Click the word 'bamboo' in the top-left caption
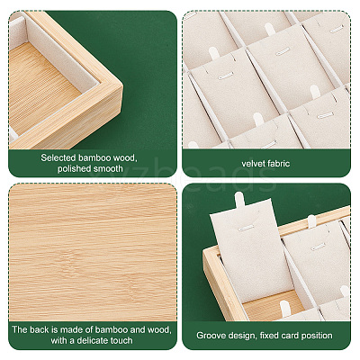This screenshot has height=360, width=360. click(x=92, y=157)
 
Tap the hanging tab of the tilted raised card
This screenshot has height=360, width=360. click(x=239, y=200)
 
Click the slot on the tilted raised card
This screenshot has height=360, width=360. click(x=246, y=229)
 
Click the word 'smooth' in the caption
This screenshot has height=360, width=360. click(x=108, y=168)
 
